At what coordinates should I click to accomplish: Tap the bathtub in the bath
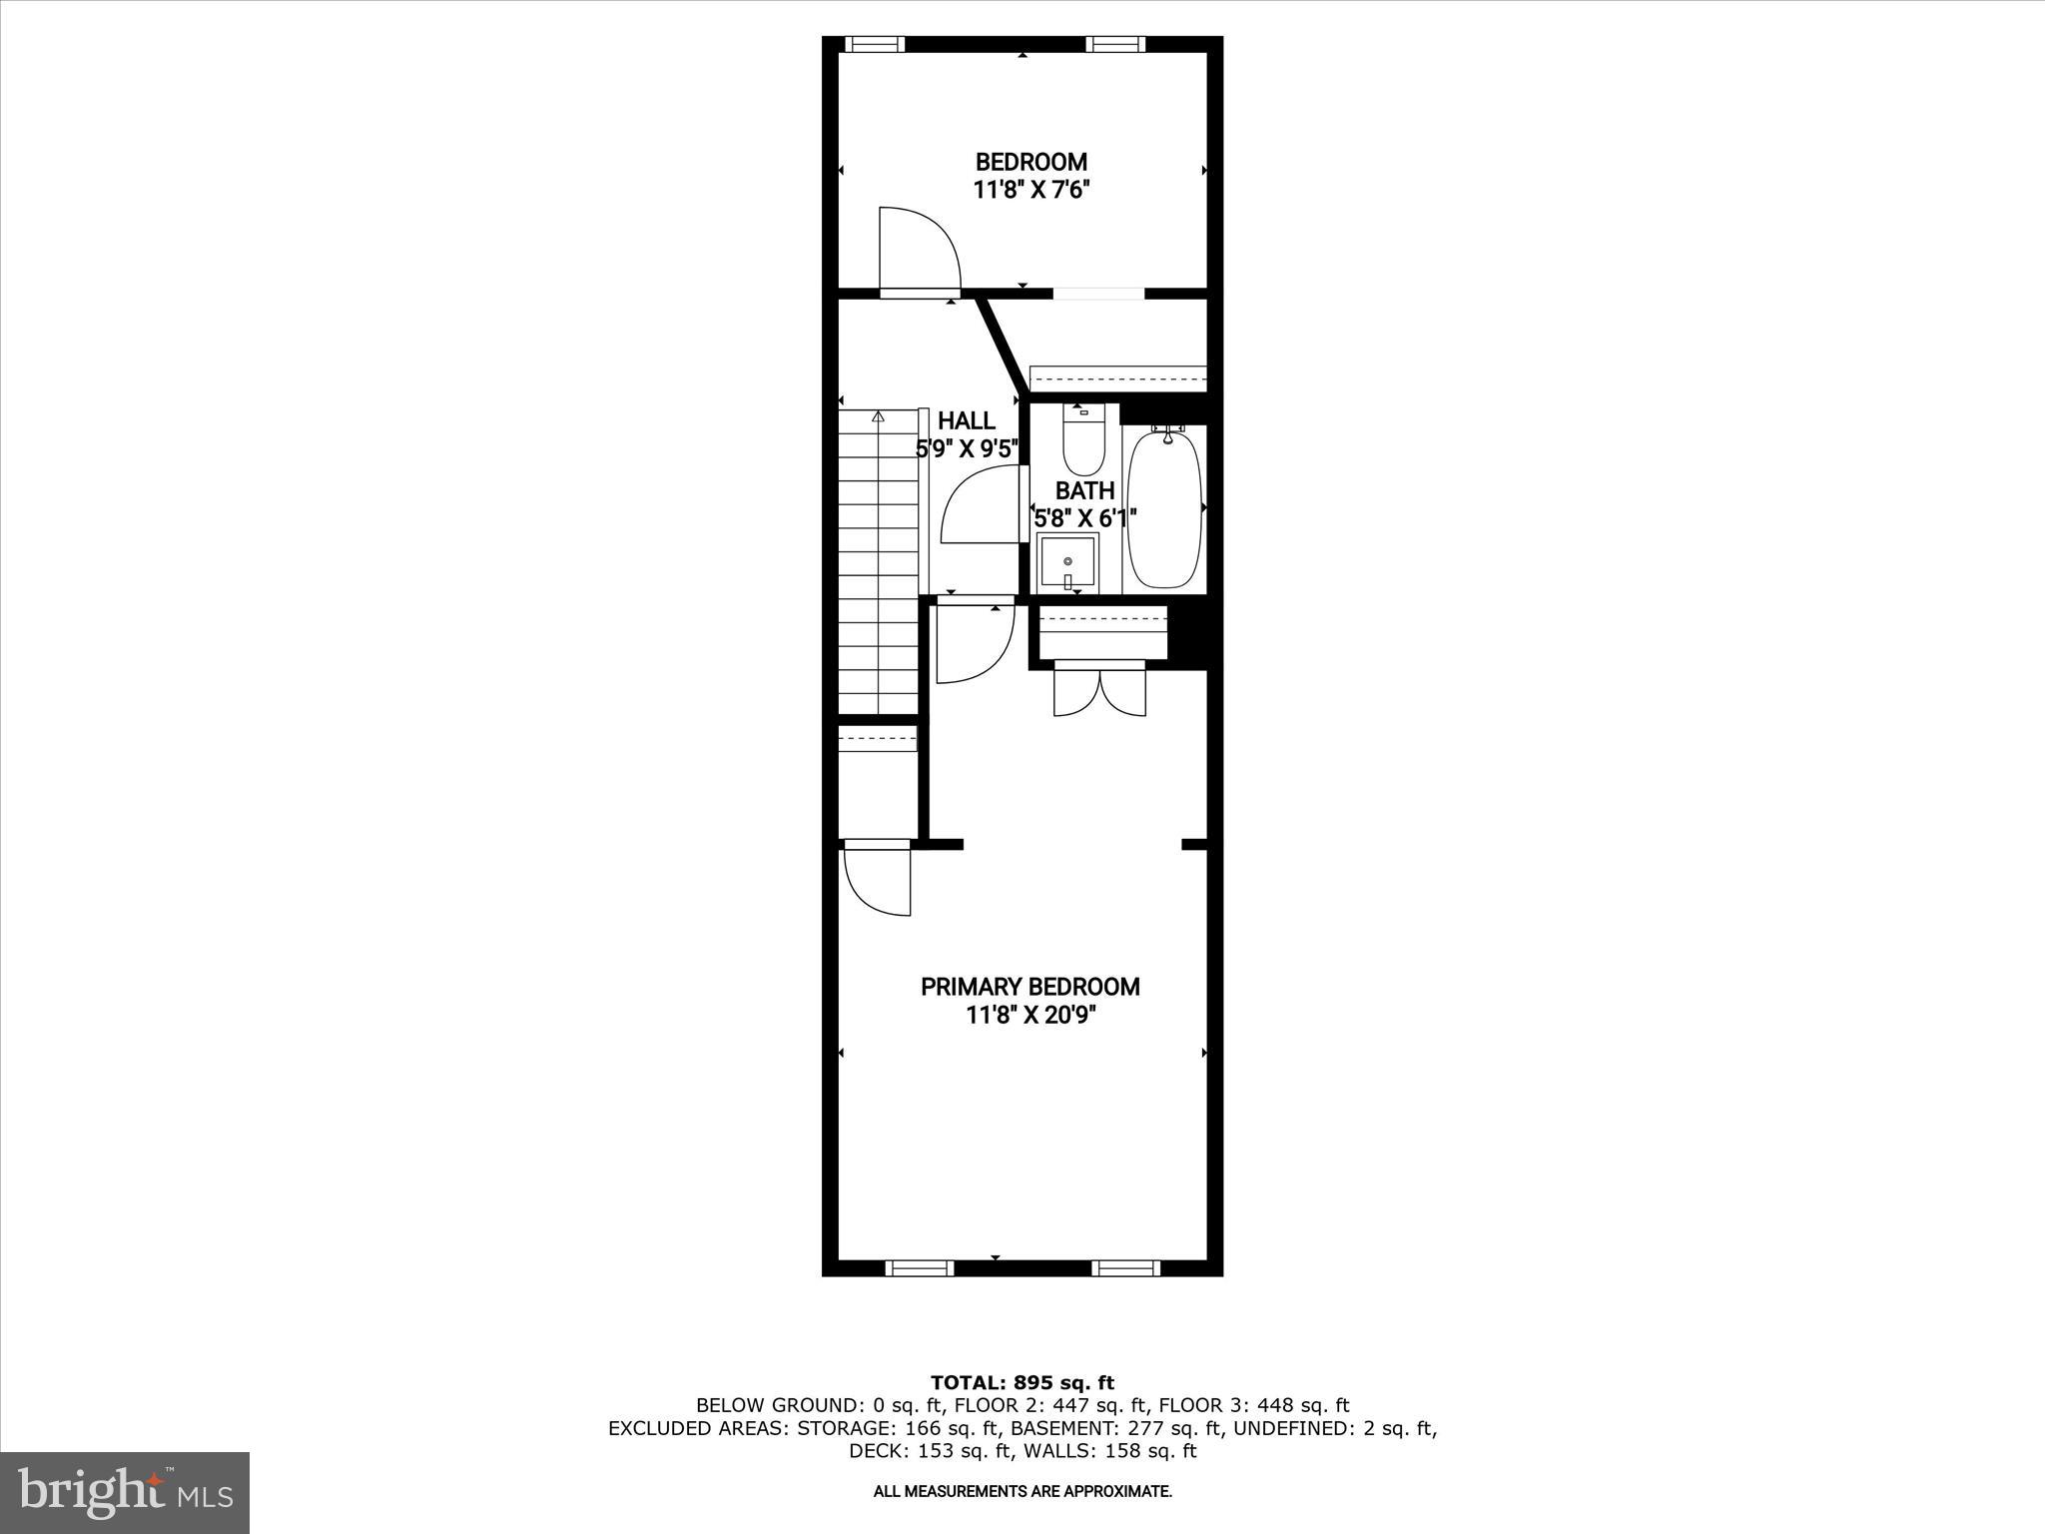1163,509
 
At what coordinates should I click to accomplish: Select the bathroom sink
1067,562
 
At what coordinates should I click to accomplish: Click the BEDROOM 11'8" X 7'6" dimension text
1030,190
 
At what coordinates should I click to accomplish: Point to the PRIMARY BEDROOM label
1029,987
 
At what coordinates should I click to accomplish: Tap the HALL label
966,421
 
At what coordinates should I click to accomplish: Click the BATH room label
1084,491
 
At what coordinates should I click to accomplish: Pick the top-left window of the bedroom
875,44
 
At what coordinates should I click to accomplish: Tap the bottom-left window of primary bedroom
920,1268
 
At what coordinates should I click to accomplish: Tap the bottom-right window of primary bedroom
1125,1268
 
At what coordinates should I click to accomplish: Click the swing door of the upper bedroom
919,250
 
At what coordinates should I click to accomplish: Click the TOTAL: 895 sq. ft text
1022,1383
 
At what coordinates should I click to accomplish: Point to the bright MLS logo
125,1493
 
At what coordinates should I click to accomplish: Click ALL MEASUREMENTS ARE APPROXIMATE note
1022,1492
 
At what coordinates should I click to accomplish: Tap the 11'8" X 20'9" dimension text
1030,1016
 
